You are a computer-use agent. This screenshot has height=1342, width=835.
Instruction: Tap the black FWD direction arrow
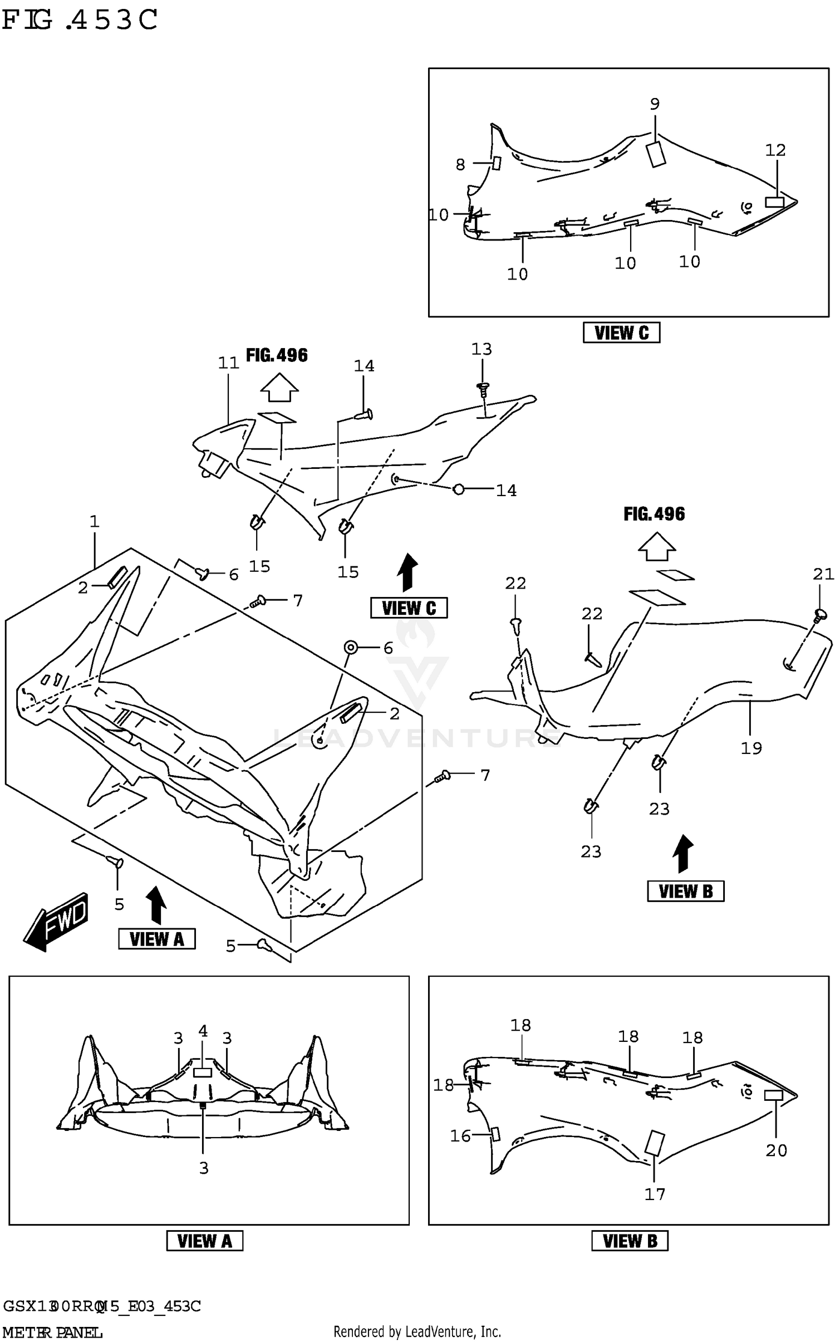click(x=56, y=922)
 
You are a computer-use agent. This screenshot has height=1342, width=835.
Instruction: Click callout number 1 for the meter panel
click(x=94, y=522)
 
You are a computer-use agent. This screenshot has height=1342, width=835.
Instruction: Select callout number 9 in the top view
click(x=655, y=104)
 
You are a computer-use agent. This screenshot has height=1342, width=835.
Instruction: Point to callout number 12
click(x=775, y=150)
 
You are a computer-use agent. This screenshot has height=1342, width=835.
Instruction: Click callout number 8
click(x=460, y=164)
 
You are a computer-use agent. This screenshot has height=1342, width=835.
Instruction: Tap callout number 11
click(x=228, y=363)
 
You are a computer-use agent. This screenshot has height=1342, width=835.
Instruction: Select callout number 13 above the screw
click(x=482, y=349)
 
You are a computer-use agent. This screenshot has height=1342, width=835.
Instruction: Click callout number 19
click(x=751, y=748)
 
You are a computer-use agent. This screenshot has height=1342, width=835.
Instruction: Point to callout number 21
click(x=823, y=574)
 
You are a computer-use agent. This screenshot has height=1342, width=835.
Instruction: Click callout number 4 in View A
click(x=203, y=1031)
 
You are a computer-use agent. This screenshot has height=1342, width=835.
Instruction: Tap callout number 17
click(x=655, y=1194)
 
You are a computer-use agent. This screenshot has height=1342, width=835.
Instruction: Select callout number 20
click(x=776, y=1150)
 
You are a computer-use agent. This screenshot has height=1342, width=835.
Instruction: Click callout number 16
click(x=460, y=1136)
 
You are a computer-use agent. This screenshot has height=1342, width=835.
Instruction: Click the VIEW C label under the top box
click(x=621, y=333)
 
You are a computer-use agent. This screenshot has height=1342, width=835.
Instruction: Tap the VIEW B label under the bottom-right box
click(x=630, y=1241)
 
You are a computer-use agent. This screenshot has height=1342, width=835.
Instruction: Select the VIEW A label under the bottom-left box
click(x=204, y=1241)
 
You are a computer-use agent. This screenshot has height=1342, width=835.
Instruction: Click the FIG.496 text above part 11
click(x=277, y=355)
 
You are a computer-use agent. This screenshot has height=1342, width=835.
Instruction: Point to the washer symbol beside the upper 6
click(x=351, y=647)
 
